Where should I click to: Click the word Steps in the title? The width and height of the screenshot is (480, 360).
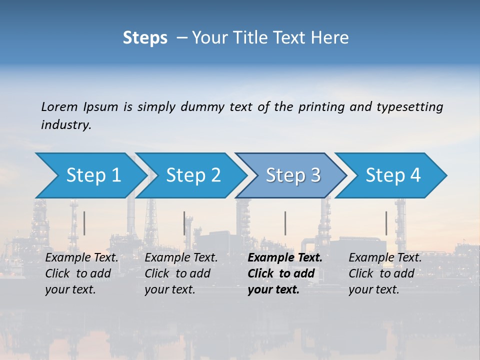tap(145, 38)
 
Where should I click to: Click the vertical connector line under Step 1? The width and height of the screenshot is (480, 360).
tap(84, 223)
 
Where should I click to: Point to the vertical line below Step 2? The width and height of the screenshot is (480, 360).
tap(184, 223)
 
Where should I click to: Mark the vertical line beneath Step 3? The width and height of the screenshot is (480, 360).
tap(285, 223)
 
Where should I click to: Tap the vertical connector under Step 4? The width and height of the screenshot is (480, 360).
tap(386, 223)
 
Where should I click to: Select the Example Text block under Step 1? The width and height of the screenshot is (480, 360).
tap(81, 273)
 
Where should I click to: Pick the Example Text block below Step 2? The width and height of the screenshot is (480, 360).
tap(181, 273)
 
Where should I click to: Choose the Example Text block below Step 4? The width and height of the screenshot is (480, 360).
tap(385, 273)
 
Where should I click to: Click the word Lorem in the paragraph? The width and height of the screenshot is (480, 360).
tap(59, 107)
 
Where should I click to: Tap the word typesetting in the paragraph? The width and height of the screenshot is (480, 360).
tap(409, 107)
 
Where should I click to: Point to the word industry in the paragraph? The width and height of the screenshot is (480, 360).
tap(66, 125)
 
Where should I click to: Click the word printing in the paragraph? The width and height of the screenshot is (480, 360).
tap(321, 107)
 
